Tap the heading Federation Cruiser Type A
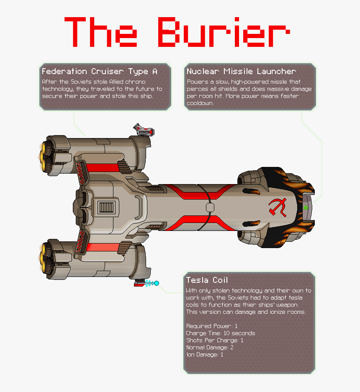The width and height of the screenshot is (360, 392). click(100, 71)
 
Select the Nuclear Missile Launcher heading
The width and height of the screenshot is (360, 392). click(241, 71)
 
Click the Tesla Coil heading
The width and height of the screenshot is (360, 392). click(207, 280)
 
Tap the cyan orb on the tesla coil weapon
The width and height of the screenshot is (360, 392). click(157, 283)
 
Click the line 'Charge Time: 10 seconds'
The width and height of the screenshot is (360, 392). click(220, 333)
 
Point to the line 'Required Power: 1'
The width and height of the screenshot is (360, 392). click(212, 326)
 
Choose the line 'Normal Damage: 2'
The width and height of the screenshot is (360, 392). click(210, 347)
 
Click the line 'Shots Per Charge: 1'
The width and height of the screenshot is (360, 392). click(215, 340)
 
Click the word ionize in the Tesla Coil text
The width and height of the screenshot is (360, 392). click(276, 312)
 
